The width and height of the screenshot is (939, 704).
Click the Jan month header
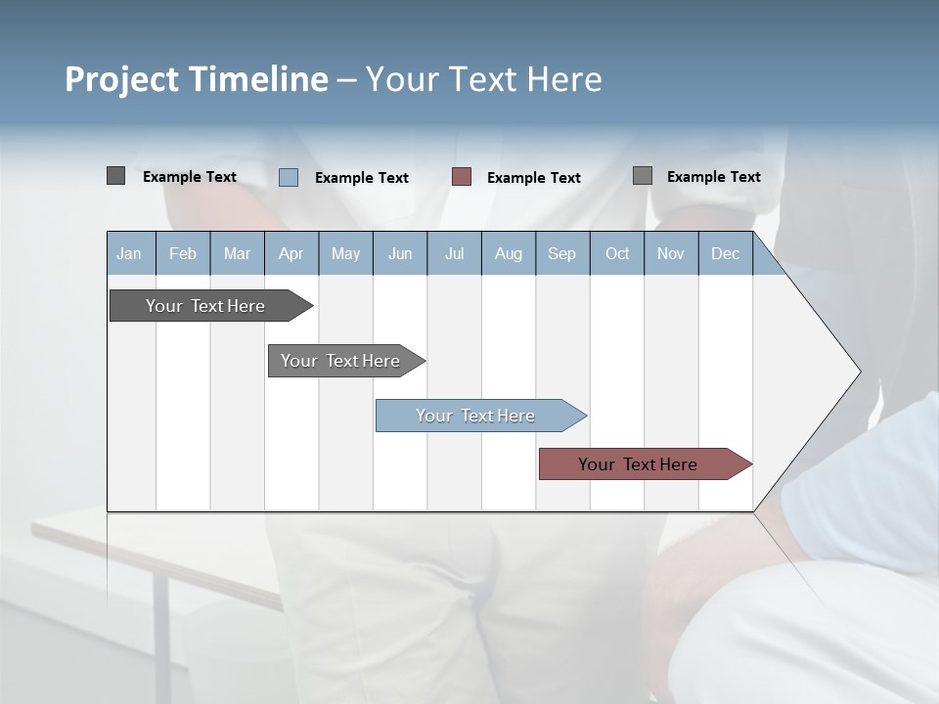tap(130, 253)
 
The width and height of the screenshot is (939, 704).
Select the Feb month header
tap(183, 253)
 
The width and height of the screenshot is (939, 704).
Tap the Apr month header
tap(291, 253)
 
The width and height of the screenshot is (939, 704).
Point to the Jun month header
tap(400, 253)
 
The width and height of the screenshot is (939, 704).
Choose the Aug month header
tap(508, 253)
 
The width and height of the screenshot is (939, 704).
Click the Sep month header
tap(562, 253)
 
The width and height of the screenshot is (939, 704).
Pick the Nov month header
tap(671, 253)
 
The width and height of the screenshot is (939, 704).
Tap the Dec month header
tap(725, 253)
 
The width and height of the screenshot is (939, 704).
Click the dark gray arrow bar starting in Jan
tap(206, 306)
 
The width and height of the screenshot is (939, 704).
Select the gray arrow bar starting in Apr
tap(341, 361)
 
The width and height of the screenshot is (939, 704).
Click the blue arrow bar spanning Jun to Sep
tap(476, 416)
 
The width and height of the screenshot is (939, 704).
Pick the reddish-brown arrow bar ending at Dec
tap(639, 464)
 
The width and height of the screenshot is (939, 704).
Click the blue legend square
tap(289, 177)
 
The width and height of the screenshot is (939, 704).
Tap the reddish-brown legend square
tap(462, 176)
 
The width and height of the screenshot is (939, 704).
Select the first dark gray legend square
tap(116, 176)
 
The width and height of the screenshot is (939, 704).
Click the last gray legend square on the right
tap(643, 176)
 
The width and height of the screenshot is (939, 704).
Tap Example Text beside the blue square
tap(362, 178)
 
